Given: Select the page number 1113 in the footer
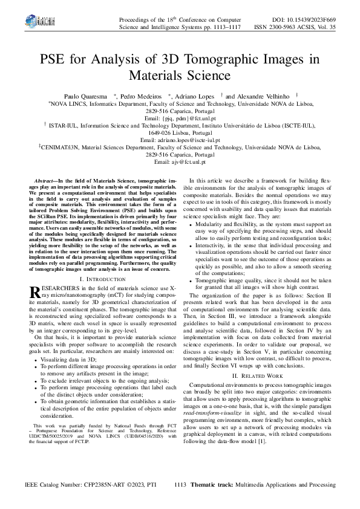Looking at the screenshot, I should (180, 485).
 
